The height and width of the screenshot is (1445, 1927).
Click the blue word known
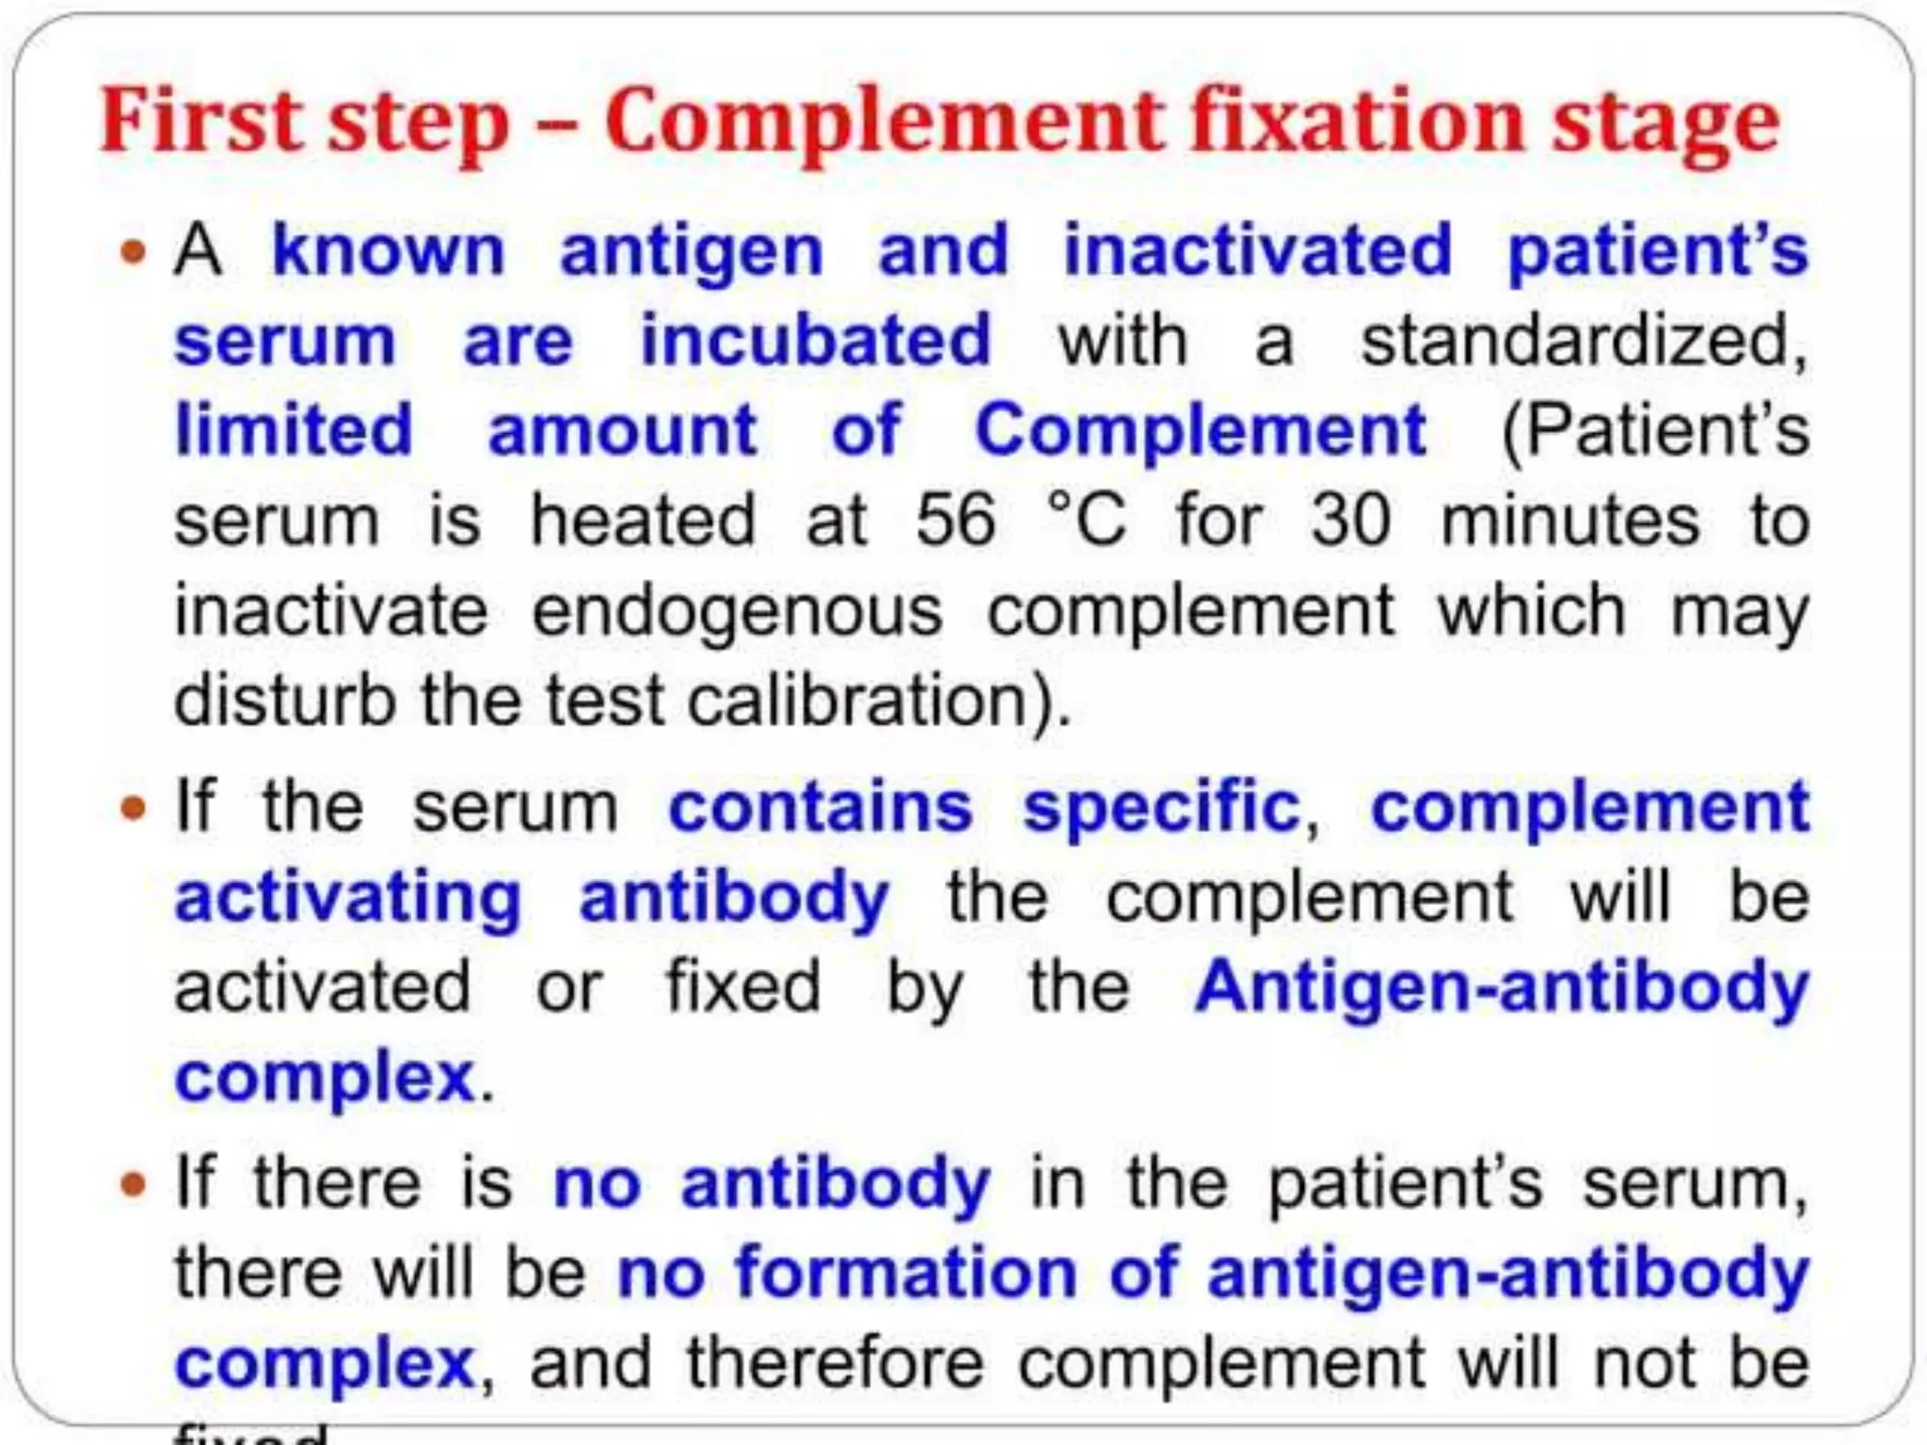pyautogui.click(x=389, y=251)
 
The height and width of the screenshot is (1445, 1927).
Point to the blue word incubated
pyautogui.click(x=816, y=340)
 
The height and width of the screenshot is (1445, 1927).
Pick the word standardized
pyautogui.click(x=1584, y=340)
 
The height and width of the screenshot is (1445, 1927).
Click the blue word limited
pyautogui.click(x=295, y=430)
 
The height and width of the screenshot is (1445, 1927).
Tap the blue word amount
pyautogui.click(x=623, y=430)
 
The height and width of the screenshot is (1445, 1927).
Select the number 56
pyautogui.click(x=955, y=521)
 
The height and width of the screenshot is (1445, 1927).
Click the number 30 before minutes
pyautogui.click(x=1350, y=521)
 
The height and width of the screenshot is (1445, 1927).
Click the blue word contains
pyautogui.click(x=820, y=808)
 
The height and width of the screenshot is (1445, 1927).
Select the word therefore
pyautogui.click(x=836, y=1363)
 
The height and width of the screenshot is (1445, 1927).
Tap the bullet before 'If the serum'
pyautogui.click(x=135, y=809)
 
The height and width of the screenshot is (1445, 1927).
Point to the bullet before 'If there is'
pyautogui.click(x=135, y=1183)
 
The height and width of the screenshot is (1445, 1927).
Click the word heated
pyautogui.click(x=644, y=521)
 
